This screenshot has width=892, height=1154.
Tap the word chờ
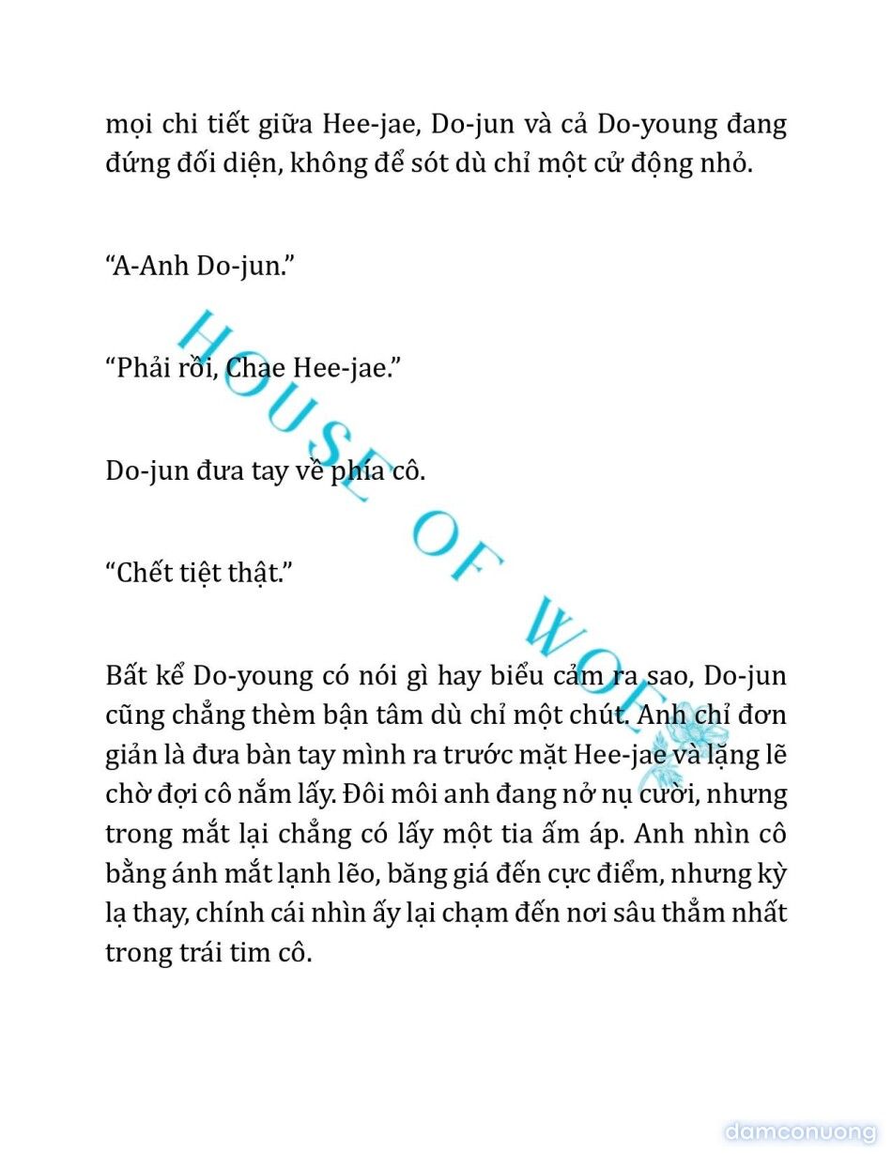tap(125, 793)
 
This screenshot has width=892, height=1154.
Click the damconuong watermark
tap(801, 1131)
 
